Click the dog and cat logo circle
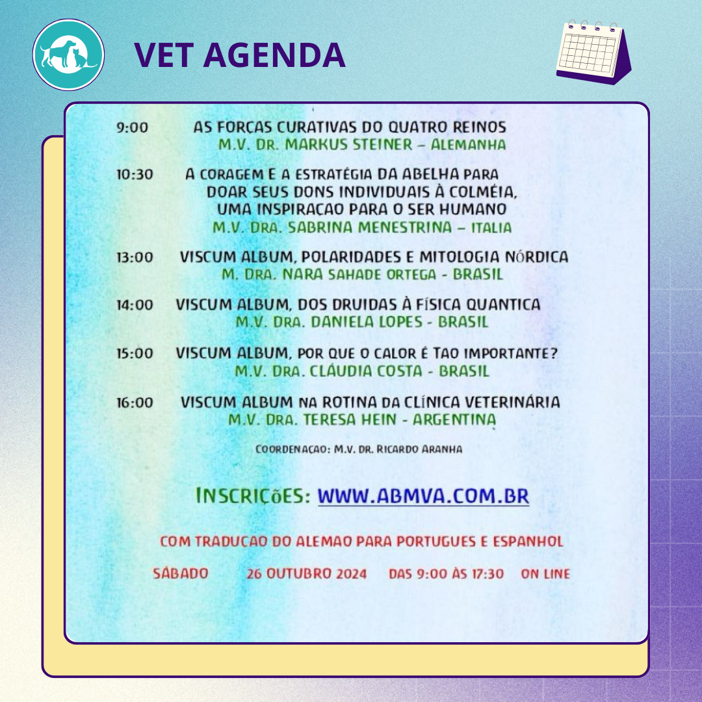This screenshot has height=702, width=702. [x=68, y=55]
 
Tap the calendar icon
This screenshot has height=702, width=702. [x=593, y=52]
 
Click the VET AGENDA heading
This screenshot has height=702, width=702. [x=239, y=55]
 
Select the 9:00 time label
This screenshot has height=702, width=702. [x=132, y=127]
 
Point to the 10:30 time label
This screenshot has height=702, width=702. [x=135, y=174]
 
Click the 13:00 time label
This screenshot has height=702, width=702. [x=135, y=257]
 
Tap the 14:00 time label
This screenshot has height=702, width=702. [x=135, y=305]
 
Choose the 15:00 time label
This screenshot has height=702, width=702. [x=135, y=353]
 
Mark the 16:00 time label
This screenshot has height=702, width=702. [x=135, y=402]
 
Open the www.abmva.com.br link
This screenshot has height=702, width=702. [x=423, y=496]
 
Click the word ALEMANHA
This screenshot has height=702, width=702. [x=468, y=144]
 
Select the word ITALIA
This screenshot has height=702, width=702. [x=491, y=227]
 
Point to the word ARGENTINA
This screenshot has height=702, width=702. [x=454, y=420]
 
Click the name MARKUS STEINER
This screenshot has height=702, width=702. [x=349, y=144]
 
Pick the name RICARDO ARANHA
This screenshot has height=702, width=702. [x=419, y=449]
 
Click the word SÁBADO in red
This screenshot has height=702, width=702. [x=181, y=573]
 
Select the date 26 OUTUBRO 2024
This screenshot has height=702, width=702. [x=307, y=574]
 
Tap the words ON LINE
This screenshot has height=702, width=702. [x=545, y=574]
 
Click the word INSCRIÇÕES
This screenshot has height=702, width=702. [x=253, y=496]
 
